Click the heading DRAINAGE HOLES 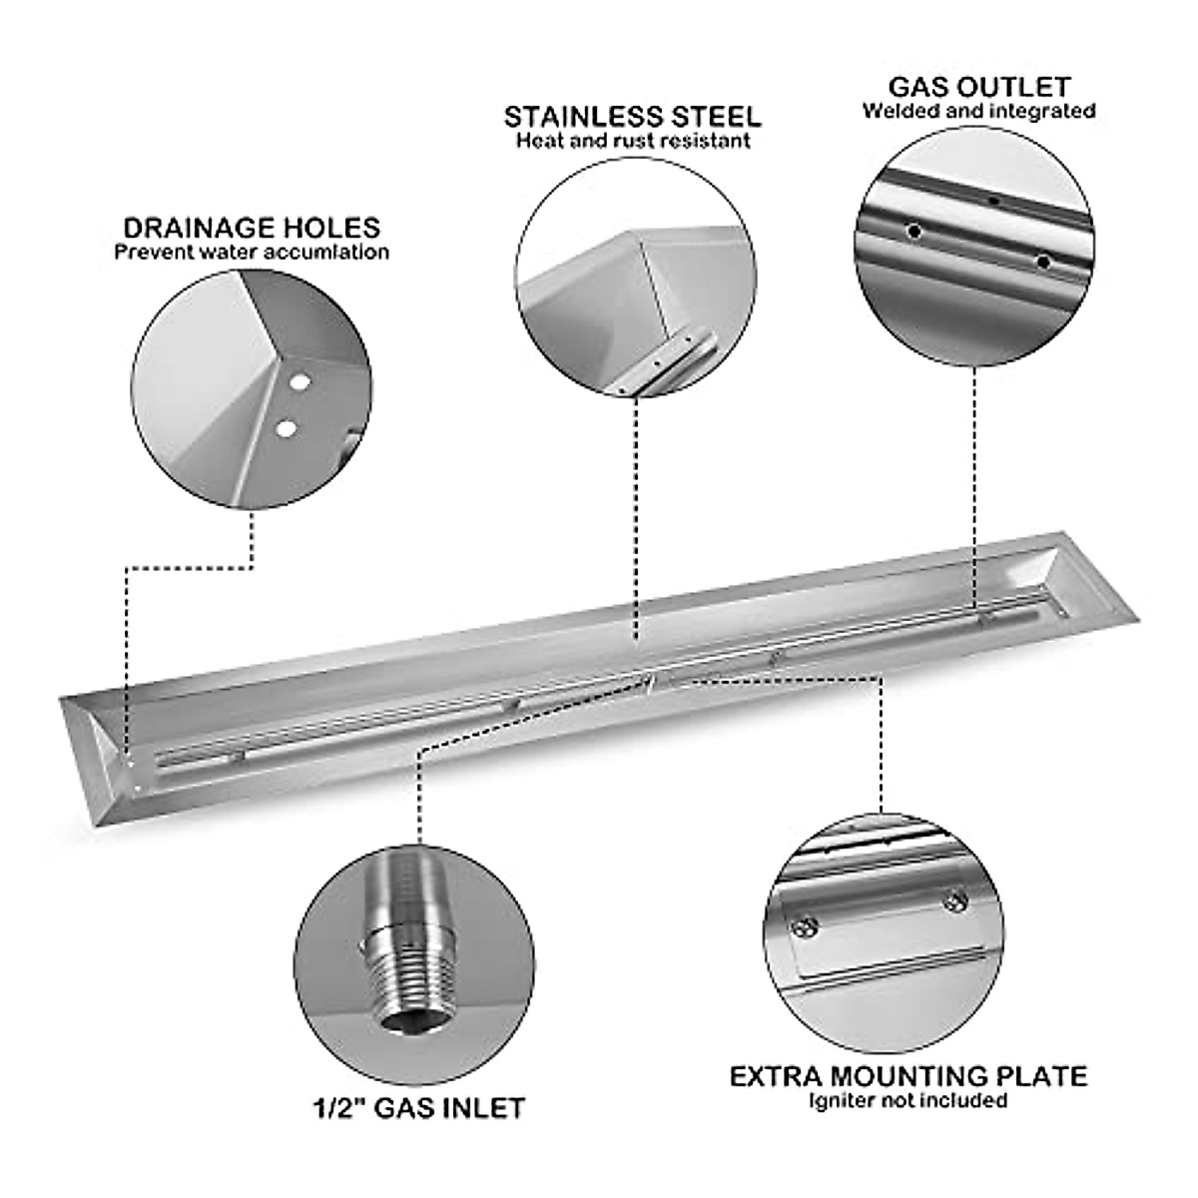[252, 228]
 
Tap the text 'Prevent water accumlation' [252, 253]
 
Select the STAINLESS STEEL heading [632, 116]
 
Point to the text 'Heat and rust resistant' [632, 141]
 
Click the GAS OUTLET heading [978, 87]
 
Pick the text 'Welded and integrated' [978, 111]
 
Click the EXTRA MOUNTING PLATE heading [907, 1076]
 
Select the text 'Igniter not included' [907, 1101]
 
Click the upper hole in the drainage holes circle [296, 381]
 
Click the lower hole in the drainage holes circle [287, 428]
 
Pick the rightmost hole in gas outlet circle [1043, 262]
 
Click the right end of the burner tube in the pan [1040, 608]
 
